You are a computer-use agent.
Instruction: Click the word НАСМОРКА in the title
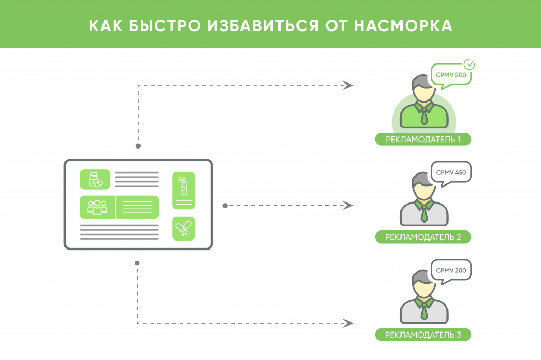point(403,26)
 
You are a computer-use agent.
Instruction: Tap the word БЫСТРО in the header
point(165,26)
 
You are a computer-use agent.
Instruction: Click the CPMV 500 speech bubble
point(451,76)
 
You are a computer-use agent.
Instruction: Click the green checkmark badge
point(469,64)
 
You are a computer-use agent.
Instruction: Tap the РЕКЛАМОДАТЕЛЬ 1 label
point(423,140)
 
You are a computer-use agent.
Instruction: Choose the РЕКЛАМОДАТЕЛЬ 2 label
point(423,237)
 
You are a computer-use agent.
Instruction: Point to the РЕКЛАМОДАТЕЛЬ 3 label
point(423,335)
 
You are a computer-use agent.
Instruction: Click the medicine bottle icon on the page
point(95,180)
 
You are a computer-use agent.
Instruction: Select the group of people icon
point(97,207)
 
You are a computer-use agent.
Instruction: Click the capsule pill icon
point(183,228)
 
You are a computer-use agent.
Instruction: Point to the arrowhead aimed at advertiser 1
point(348,85)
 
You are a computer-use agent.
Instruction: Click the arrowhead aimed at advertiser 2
point(348,205)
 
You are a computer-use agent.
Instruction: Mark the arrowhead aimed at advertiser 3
point(348,324)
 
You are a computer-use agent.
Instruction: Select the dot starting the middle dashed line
point(225,206)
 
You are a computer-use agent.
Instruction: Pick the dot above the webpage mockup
point(138,146)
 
